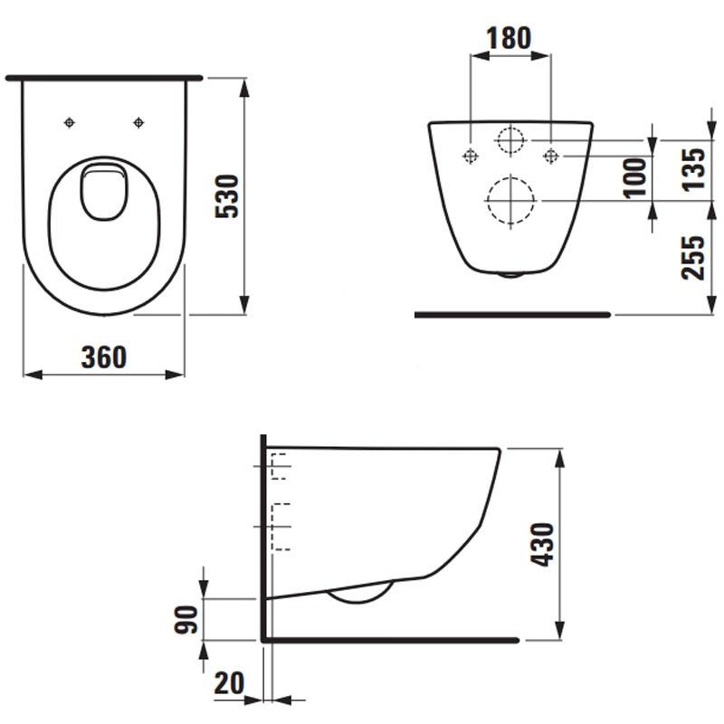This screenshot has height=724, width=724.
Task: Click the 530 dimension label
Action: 227,196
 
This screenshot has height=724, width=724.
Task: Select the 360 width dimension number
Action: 104,357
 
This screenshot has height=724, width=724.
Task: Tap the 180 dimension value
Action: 509,38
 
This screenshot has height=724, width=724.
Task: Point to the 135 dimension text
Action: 693,169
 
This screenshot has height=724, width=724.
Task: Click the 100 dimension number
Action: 635,178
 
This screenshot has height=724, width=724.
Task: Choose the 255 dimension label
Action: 693,258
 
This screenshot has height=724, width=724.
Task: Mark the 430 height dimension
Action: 542,545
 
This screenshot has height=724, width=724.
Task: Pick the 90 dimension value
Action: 186,620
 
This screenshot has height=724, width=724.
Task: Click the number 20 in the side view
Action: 229,683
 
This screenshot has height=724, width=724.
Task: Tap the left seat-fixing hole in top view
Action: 70,122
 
